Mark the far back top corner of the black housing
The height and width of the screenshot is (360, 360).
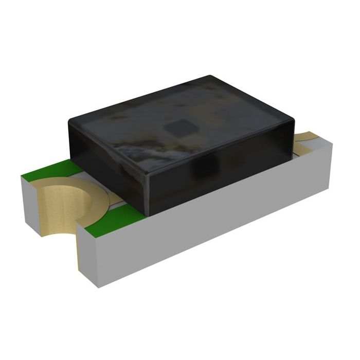pyautogui.click(x=211, y=77)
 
